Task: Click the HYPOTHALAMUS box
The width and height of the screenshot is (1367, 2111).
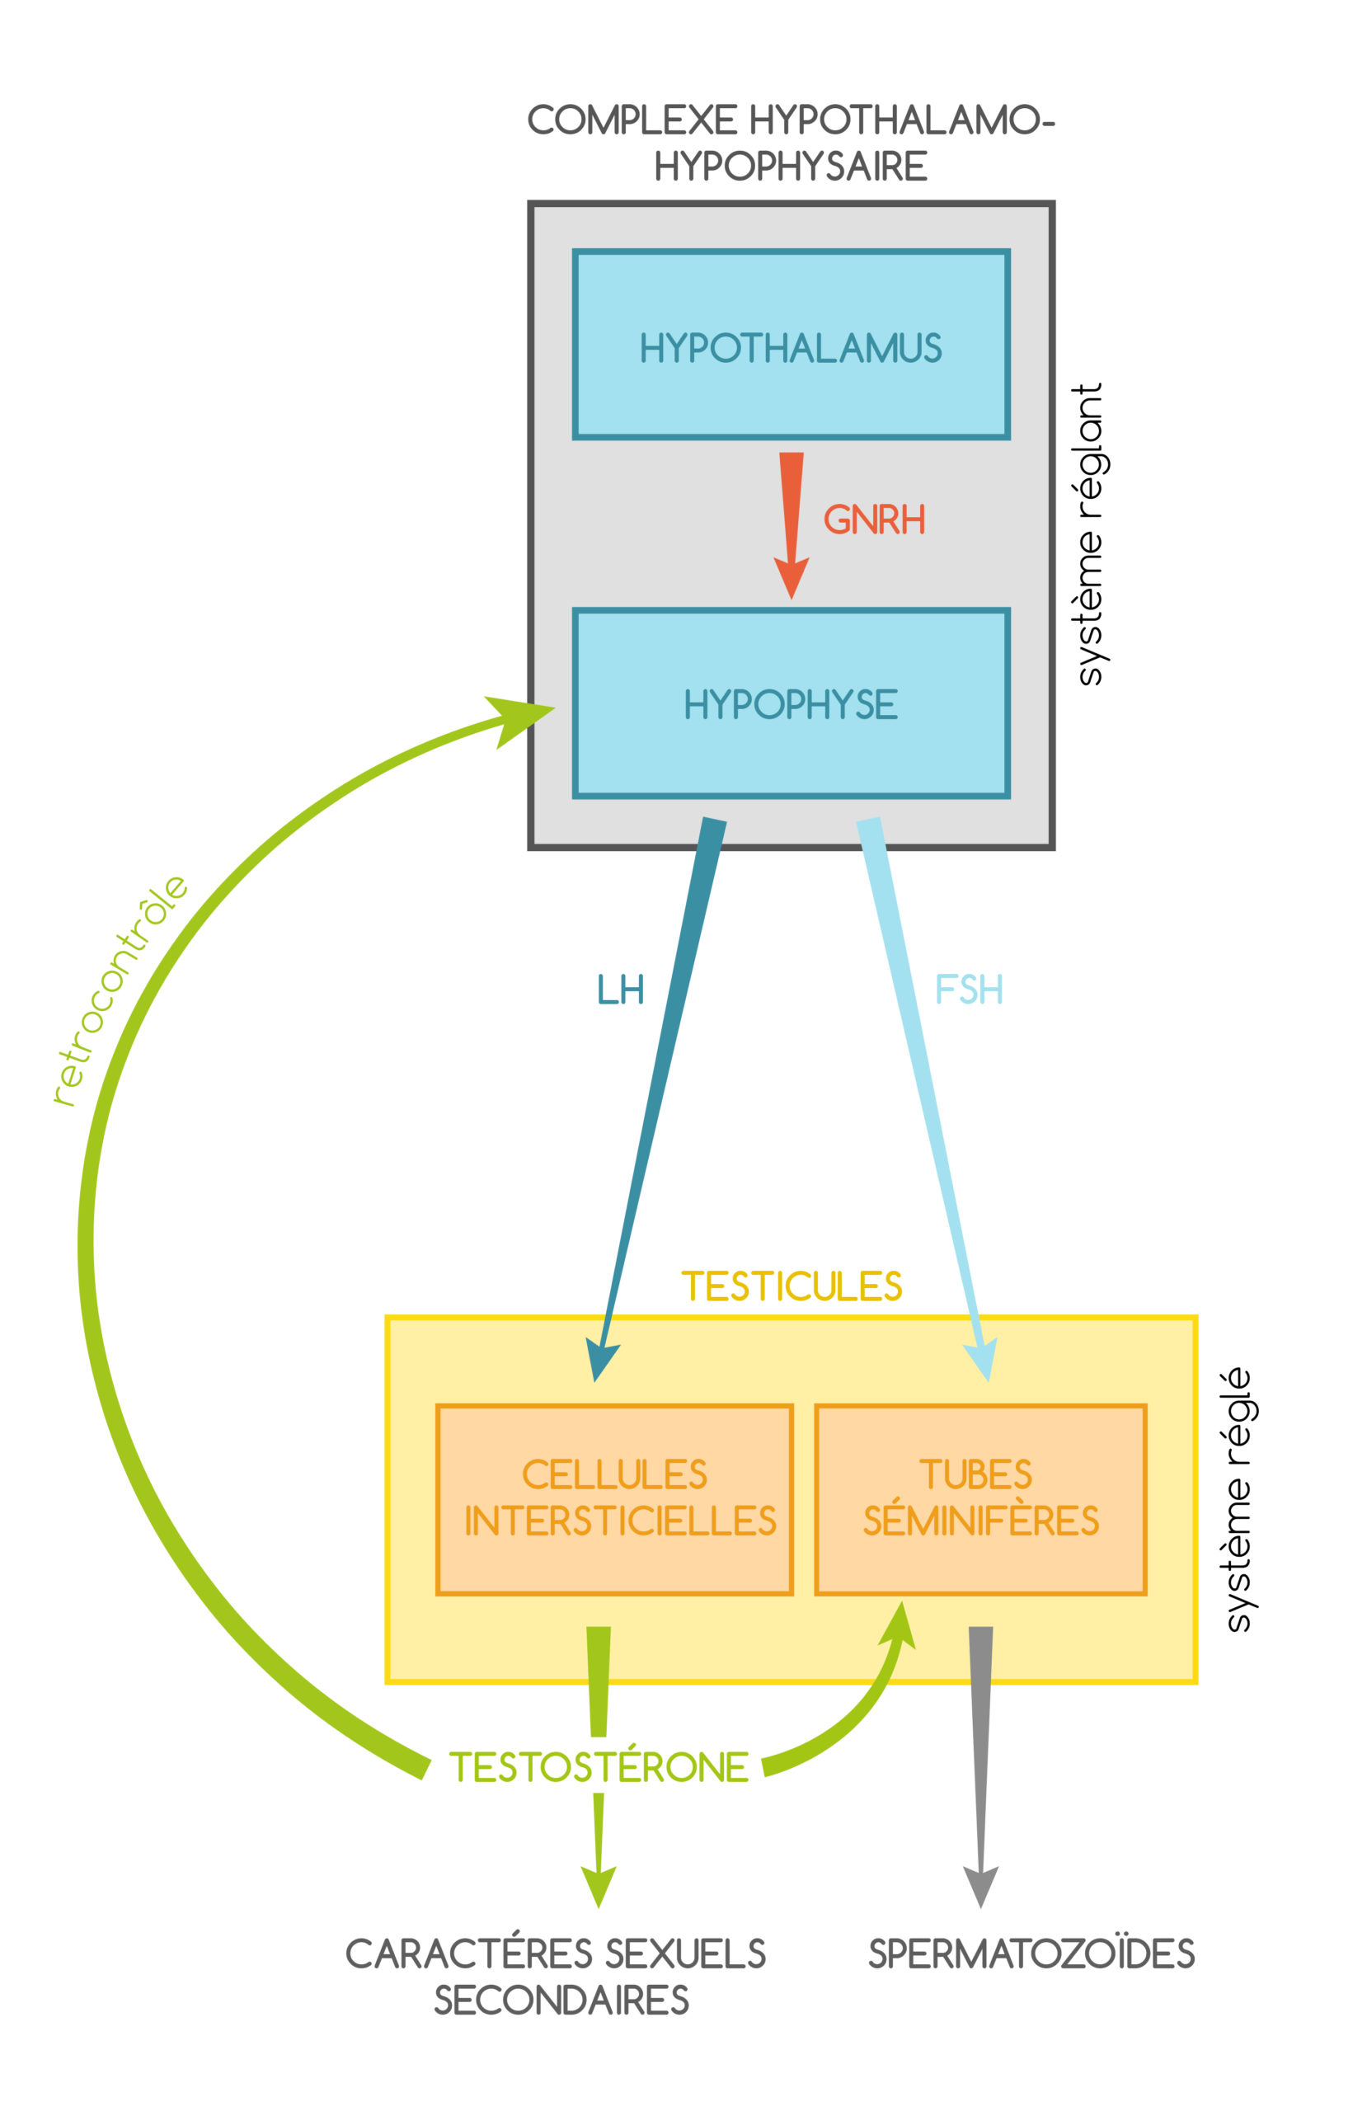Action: click(791, 344)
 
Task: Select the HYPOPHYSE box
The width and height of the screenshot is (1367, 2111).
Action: click(791, 703)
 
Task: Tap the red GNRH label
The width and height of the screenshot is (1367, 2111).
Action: click(874, 520)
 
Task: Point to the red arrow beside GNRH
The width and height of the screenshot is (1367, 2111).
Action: click(791, 524)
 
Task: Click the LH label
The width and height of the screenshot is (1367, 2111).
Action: click(620, 990)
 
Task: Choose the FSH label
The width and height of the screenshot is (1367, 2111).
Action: click(969, 990)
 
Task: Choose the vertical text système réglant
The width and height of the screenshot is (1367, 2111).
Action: click(1088, 534)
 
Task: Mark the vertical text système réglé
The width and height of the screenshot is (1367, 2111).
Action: click(1237, 1499)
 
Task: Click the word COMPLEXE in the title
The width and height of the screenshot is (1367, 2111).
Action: click(632, 120)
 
